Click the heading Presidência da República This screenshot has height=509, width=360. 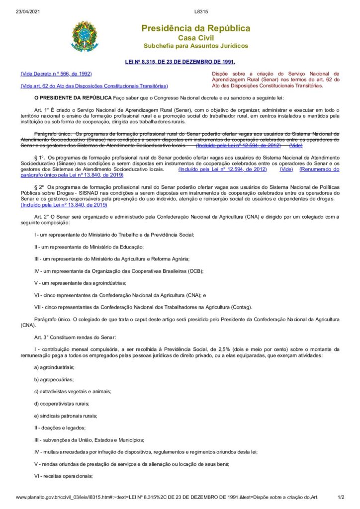tap(195, 28)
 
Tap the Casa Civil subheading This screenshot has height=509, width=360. tap(195, 38)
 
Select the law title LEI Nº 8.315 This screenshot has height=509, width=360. tap(180, 62)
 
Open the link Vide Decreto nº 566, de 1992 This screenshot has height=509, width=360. tap(56, 74)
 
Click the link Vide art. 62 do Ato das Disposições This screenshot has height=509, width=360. tap(94, 85)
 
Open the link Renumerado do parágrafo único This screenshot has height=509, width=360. tap(319, 169)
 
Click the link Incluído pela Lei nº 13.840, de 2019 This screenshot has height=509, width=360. tap(64, 204)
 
